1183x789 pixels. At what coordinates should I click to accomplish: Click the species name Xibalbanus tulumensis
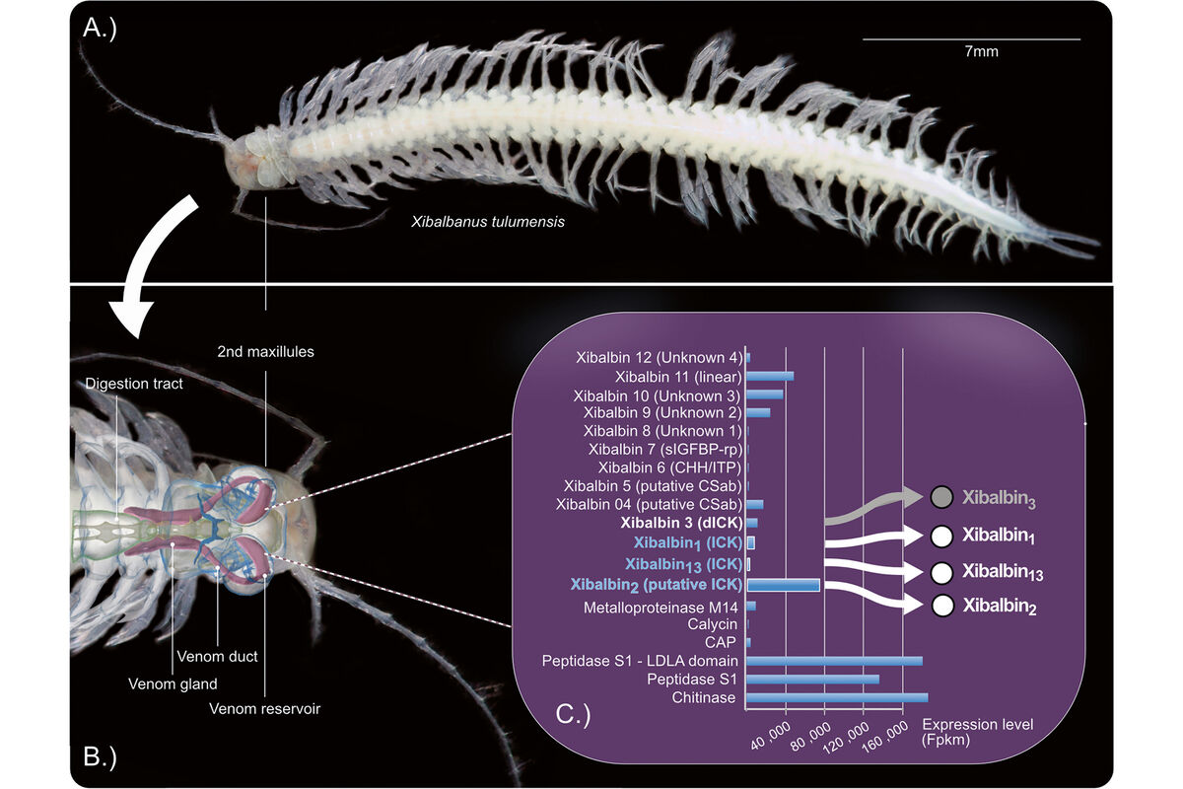488,223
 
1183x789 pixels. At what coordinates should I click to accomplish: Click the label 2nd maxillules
266,351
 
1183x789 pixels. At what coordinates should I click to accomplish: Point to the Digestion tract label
134,384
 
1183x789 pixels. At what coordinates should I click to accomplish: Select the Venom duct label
216,655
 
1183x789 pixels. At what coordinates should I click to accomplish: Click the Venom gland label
173,682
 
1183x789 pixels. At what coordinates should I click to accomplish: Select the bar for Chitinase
837,697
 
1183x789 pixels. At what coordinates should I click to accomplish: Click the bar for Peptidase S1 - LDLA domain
834,661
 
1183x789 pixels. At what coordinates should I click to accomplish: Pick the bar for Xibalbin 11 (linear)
770,376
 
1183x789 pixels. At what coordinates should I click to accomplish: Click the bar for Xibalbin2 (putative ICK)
784,585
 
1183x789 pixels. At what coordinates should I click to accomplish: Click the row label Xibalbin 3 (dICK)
679,522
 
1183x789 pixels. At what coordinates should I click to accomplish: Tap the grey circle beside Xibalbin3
941,498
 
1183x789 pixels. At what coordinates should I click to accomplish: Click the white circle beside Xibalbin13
941,572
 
